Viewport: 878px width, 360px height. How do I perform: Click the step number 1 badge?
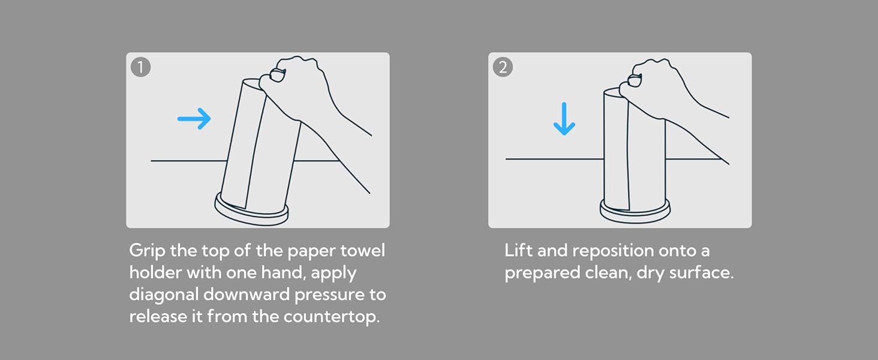[x=140, y=67]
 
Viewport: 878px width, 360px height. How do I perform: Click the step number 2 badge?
[x=503, y=67]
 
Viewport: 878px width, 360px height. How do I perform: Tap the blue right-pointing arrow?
[x=194, y=118]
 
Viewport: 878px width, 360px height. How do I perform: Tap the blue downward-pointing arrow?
[x=564, y=119]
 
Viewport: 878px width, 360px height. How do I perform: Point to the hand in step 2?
[x=670, y=98]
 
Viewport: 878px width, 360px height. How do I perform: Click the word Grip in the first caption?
[x=147, y=251]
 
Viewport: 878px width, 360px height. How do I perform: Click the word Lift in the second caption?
[x=519, y=250]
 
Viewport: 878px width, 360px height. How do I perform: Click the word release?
[x=158, y=316]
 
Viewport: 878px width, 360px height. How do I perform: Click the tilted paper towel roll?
[x=261, y=145]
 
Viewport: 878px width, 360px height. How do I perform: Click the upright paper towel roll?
[x=634, y=149]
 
